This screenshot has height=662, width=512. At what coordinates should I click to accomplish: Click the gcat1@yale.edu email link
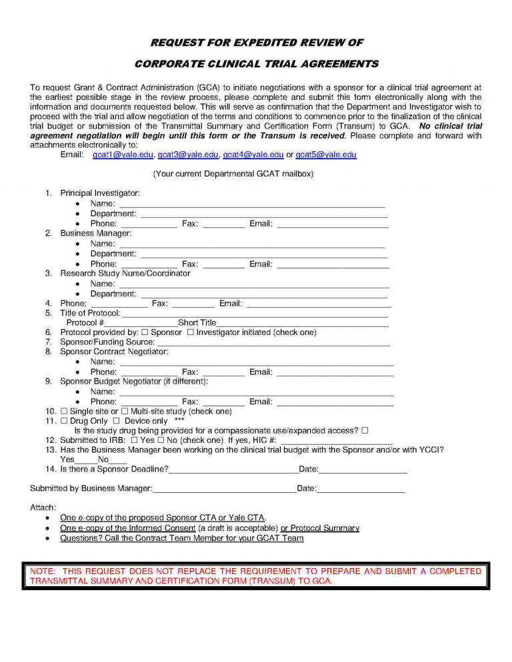[119, 155]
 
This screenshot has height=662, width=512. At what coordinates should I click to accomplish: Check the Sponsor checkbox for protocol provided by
[145, 332]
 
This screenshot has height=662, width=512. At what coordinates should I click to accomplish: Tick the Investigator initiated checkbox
[191, 332]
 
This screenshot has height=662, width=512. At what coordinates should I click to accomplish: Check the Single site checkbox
[64, 412]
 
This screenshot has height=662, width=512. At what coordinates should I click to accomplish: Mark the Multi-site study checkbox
[124, 412]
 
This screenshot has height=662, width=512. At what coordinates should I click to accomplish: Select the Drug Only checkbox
[64, 422]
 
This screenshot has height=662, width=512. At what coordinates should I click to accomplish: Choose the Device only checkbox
[116, 422]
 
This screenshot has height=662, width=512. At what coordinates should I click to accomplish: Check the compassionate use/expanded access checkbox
[365, 431]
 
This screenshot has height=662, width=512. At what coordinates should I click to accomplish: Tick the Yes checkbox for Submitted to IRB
[135, 441]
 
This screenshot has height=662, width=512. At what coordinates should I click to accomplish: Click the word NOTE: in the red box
[42, 571]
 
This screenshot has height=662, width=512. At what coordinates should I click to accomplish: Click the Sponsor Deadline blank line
[233, 472]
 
